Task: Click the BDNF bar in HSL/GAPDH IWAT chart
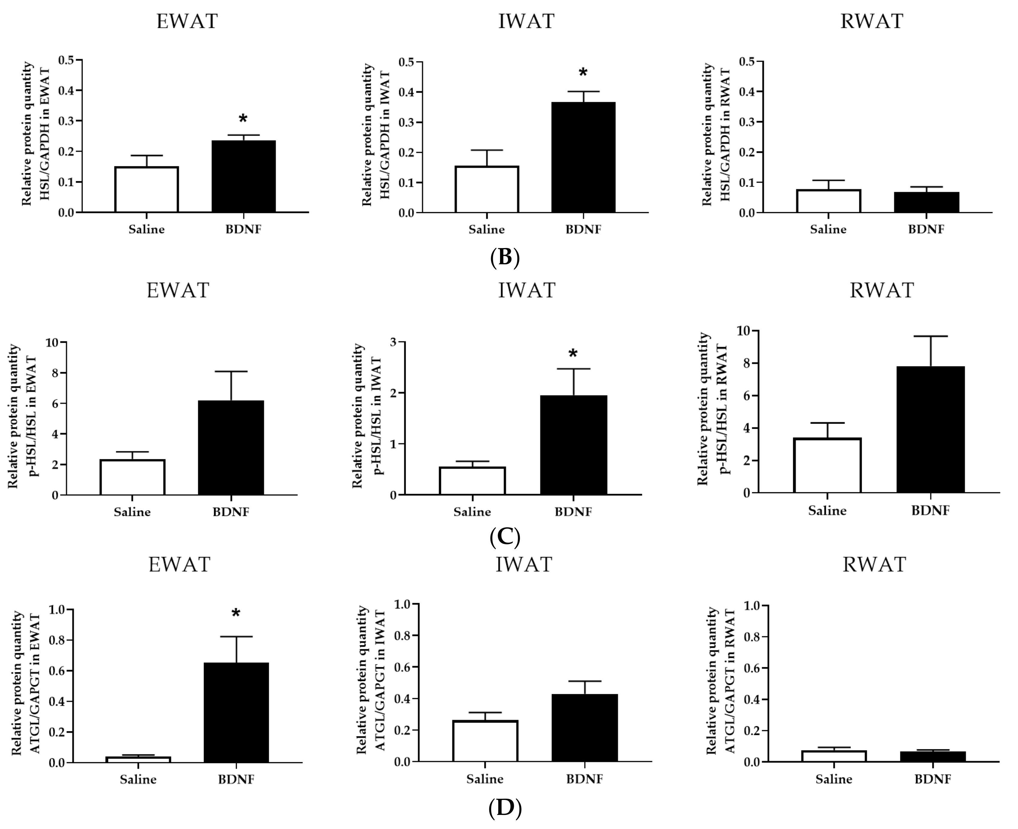[583, 158]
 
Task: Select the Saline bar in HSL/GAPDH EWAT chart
[146, 190]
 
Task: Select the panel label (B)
[505, 258]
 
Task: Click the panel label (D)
[505, 808]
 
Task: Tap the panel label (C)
[505, 537]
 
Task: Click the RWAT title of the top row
[872, 22]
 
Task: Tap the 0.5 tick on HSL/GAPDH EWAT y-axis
[66, 60]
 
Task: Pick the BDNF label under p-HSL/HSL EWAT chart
[231, 512]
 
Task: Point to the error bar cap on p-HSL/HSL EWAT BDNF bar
[231, 372]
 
